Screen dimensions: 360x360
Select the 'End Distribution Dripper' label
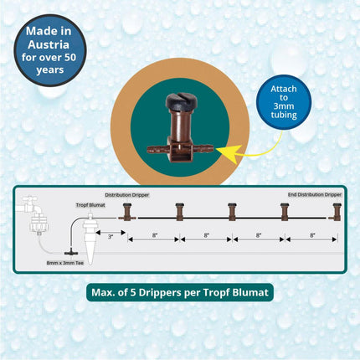pos(315,194)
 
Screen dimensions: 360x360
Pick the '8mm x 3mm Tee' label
pos(64,262)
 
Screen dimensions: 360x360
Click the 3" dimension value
pos(111,237)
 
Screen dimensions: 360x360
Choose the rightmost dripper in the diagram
pos(337,211)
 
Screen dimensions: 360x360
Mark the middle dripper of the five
pos(232,211)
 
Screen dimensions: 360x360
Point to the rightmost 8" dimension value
pos(311,237)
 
